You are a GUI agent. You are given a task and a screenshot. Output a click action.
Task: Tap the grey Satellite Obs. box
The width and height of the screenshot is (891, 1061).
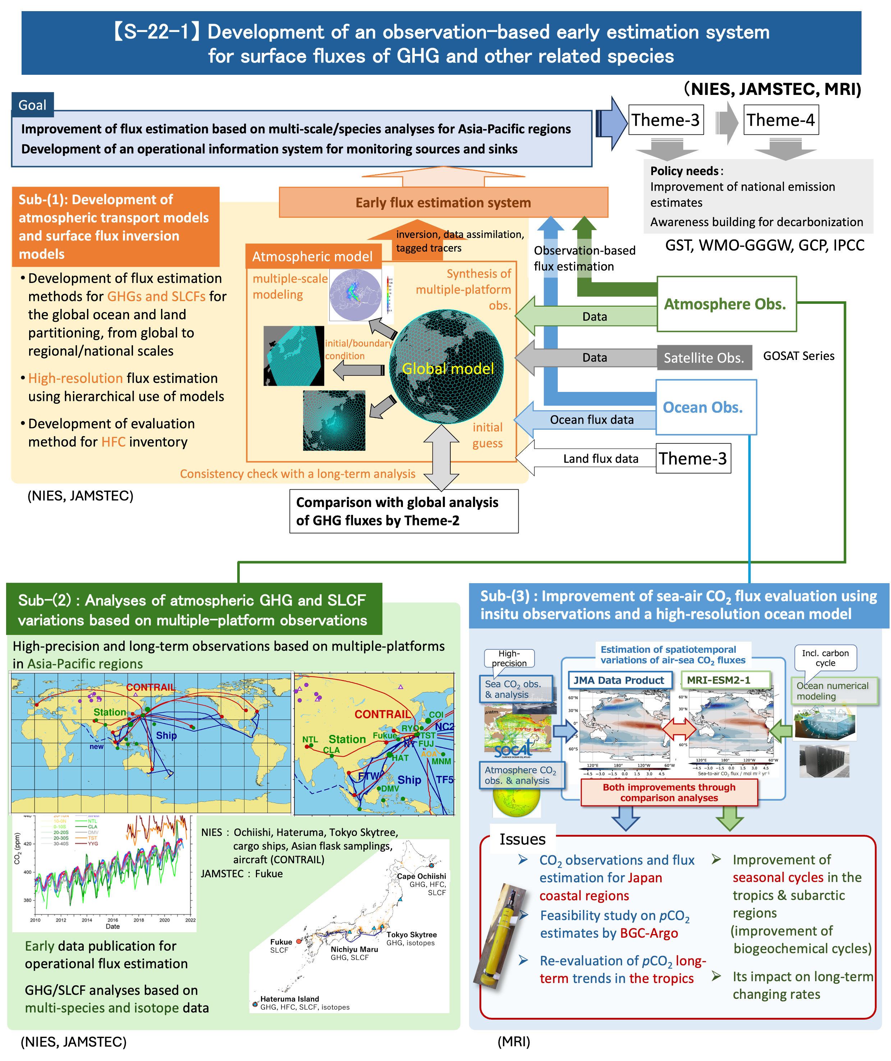pos(704,358)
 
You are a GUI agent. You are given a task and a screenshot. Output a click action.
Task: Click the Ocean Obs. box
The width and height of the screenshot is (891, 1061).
pos(705,407)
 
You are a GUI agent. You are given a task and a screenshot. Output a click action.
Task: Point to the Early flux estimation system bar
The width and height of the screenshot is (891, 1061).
pos(443,203)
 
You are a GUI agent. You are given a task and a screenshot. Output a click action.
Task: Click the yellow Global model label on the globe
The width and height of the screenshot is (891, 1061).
pos(447,368)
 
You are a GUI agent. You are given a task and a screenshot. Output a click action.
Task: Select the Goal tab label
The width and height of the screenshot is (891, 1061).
pos(32,105)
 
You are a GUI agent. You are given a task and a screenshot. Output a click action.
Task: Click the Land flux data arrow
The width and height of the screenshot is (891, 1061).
pos(591,459)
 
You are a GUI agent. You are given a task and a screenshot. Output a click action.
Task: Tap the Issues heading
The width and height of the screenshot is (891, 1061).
pos(522,839)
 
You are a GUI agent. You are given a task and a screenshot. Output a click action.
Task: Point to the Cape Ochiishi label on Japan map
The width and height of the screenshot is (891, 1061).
pos(421,876)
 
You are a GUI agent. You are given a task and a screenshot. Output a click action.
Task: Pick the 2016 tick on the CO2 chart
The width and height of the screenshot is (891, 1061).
pos(112,920)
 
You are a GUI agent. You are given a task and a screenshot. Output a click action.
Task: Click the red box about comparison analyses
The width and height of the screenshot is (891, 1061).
pos(669,792)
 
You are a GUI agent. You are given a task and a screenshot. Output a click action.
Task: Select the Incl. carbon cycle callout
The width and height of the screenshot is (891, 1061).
pos(825,658)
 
